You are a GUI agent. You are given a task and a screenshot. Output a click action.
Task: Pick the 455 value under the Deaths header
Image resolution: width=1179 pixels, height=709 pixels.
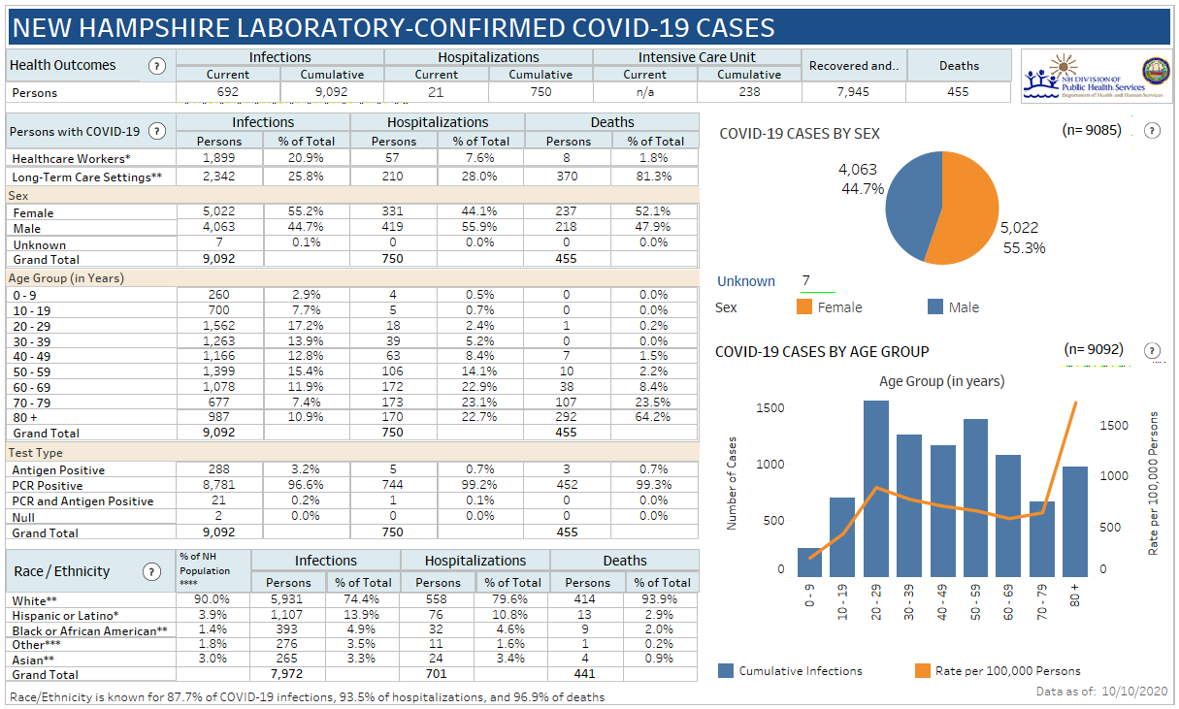click(x=959, y=92)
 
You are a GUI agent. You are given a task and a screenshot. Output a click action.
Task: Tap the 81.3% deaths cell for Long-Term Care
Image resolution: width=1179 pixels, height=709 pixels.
click(x=654, y=177)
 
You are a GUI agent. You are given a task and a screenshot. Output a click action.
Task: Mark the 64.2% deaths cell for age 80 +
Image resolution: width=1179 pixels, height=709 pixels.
click(x=654, y=417)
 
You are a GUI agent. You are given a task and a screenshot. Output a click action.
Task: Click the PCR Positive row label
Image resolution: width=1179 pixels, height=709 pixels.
click(x=48, y=485)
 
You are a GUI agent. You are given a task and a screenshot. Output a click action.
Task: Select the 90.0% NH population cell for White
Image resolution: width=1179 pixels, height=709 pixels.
click(x=212, y=601)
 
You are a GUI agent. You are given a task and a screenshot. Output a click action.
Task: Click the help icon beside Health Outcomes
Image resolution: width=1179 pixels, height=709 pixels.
click(x=157, y=66)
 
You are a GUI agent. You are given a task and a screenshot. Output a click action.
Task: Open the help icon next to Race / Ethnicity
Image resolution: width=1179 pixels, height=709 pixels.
click(x=151, y=571)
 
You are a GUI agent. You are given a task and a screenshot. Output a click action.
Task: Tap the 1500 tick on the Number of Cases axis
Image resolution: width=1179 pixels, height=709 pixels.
click(x=770, y=407)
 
